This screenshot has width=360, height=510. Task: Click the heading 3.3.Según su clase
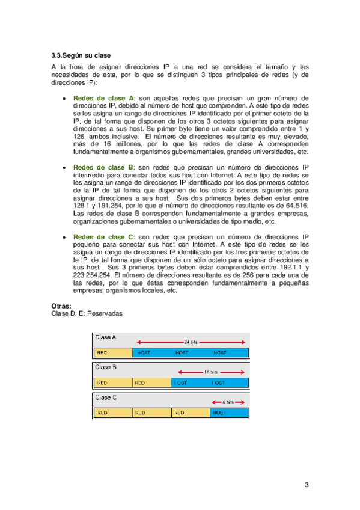click(x=81, y=55)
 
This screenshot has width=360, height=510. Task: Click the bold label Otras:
click(x=63, y=306)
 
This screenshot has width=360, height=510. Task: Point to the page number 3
click(x=307, y=485)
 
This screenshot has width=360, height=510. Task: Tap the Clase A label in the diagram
click(x=106, y=338)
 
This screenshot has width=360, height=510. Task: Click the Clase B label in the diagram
click(x=106, y=366)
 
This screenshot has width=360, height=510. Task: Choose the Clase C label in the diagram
click(x=106, y=398)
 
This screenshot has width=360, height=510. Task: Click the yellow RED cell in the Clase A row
click(x=112, y=352)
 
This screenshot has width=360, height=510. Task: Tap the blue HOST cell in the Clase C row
click(x=228, y=413)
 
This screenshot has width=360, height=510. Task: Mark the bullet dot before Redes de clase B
click(x=64, y=168)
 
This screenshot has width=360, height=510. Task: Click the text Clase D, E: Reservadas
click(x=87, y=313)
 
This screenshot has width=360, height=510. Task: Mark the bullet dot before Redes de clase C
click(x=64, y=238)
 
